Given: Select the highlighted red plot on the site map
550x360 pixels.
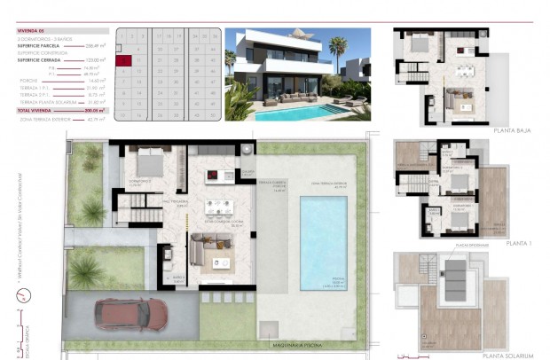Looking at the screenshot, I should click(125, 60).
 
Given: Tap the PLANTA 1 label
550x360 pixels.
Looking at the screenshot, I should click(519, 241).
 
